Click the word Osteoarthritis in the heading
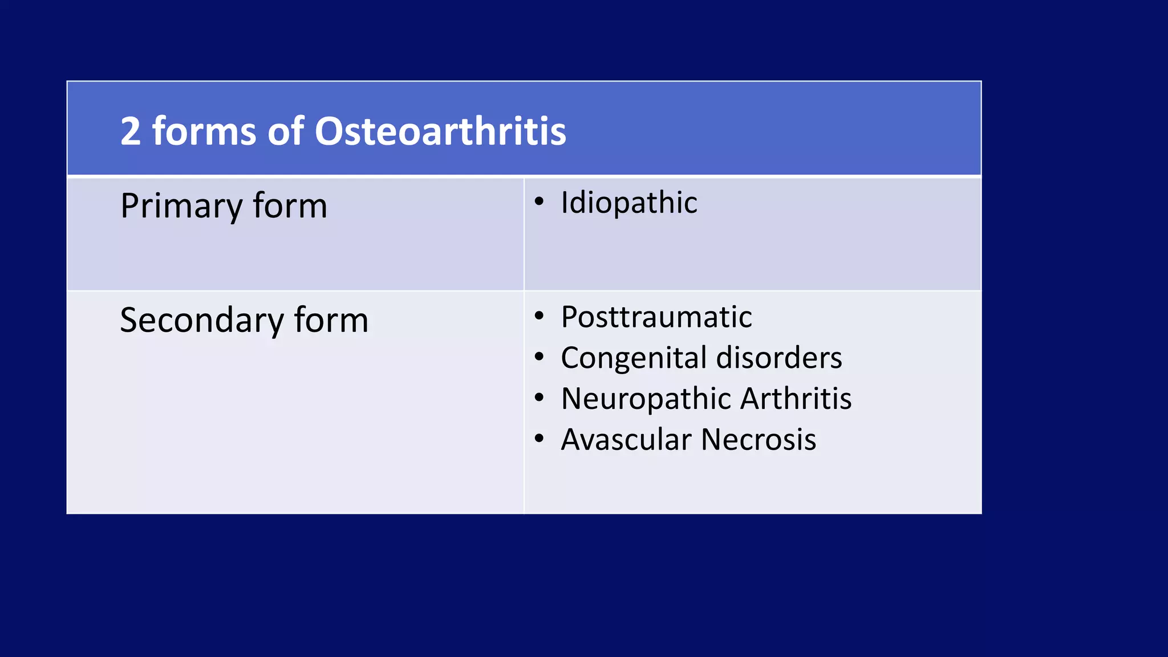tap(440, 131)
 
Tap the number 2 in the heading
tap(130, 131)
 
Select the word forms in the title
tap(204, 131)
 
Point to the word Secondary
tap(201, 320)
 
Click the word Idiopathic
tap(628, 202)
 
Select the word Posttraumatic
tap(656, 317)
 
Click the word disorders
tap(779, 358)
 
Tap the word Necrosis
tap(759, 440)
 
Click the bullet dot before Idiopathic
tap(539, 201)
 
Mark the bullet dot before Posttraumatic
tap(539, 315)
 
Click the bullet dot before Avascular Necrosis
tap(539, 439)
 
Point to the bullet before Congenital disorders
tap(539, 357)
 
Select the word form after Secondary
tap(331, 320)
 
